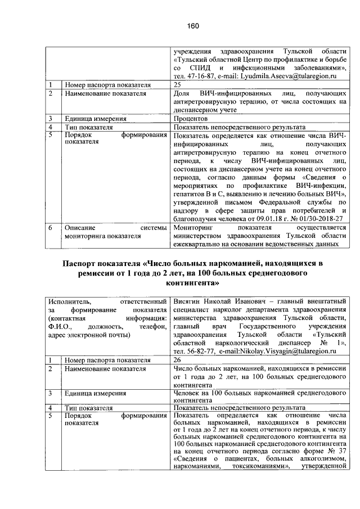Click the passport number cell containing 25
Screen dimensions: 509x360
coord(178,84)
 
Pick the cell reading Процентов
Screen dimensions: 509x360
coord(191,119)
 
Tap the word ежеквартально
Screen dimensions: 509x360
coord(200,245)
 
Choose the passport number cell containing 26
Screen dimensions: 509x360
coord(178,359)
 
